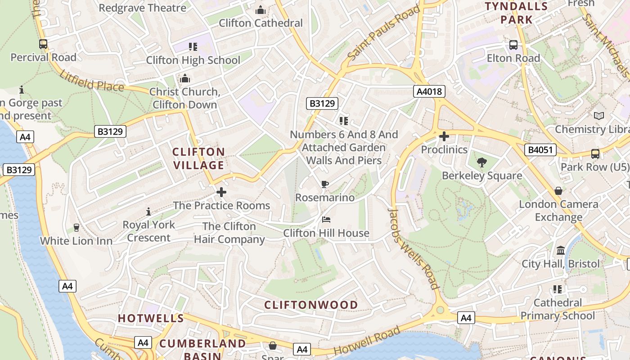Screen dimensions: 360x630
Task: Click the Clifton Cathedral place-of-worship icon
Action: click(x=260, y=10)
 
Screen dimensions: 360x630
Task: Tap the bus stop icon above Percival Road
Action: click(x=43, y=44)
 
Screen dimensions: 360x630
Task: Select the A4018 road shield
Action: click(x=429, y=92)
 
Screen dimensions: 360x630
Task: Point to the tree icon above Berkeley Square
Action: click(x=482, y=162)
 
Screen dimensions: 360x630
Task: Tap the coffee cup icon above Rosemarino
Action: click(x=325, y=184)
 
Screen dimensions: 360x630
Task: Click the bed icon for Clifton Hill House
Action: click(x=326, y=220)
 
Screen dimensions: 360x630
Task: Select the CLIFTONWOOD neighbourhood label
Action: click(x=311, y=305)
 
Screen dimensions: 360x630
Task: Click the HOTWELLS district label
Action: click(x=151, y=318)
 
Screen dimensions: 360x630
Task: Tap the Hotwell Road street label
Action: click(x=367, y=341)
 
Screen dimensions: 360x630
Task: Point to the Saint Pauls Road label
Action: click(x=383, y=34)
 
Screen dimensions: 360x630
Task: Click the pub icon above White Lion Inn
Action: click(x=76, y=227)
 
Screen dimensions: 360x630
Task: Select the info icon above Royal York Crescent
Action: click(x=148, y=211)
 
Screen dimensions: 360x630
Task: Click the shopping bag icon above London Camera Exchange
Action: click(x=558, y=191)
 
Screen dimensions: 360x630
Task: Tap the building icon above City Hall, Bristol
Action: click(x=561, y=250)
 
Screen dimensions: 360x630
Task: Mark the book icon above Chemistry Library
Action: click(x=598, y=116)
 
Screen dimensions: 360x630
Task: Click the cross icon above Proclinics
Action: click(x=444, y=136)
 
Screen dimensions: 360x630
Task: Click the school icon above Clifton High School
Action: click(x=193, y=46)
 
